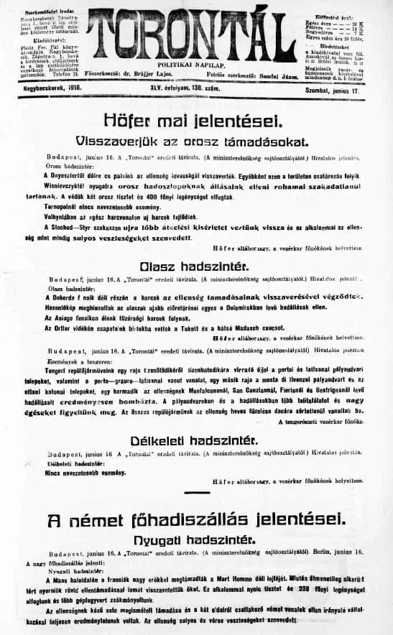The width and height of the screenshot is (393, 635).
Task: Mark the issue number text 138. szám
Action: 216,86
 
